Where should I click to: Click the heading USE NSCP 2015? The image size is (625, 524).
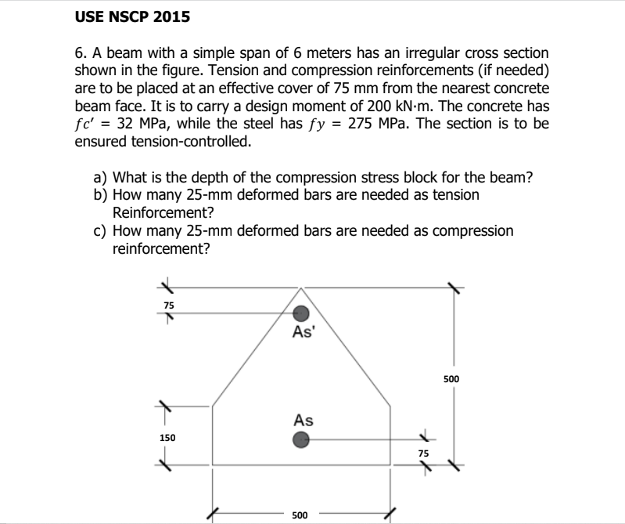click(132, 16)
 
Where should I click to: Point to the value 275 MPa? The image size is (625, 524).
click(379, 124)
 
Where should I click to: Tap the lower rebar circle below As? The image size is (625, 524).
click(301, 441)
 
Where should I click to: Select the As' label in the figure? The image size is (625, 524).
click(303, 332)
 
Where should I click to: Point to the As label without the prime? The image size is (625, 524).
click(304, 421)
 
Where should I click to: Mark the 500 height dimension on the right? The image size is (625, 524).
click(451, 379)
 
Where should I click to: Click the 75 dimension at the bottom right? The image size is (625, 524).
click(423, 453)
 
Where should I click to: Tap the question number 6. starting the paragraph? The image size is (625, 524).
click(81, 52)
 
